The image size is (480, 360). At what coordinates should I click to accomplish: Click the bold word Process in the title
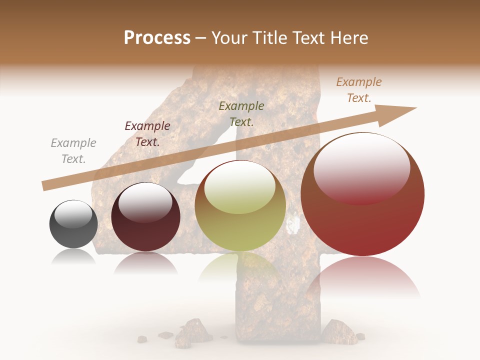coord(157,38)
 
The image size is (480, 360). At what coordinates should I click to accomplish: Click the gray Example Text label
coord(73,151)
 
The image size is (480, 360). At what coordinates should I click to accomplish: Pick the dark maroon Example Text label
coord(147,134)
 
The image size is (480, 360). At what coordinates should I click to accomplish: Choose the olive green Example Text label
coord(241,114)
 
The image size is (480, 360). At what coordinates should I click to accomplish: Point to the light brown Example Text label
coord(359,90)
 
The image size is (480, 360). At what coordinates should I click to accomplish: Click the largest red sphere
coord(362,210)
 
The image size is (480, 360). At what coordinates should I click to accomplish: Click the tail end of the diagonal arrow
coord(45,185)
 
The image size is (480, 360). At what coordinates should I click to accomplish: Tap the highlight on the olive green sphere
coord(240,185)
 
